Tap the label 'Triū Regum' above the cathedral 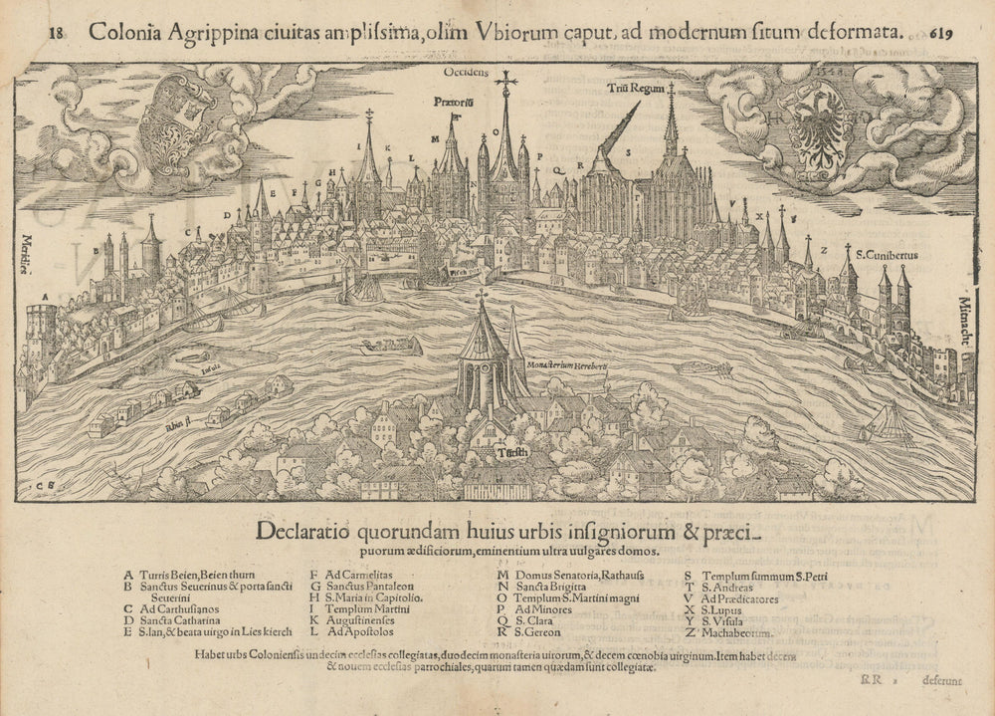click(636, 89)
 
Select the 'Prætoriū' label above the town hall click(453, 102)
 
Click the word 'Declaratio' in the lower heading click(302, 529)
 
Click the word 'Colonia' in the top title click(124, 30)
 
